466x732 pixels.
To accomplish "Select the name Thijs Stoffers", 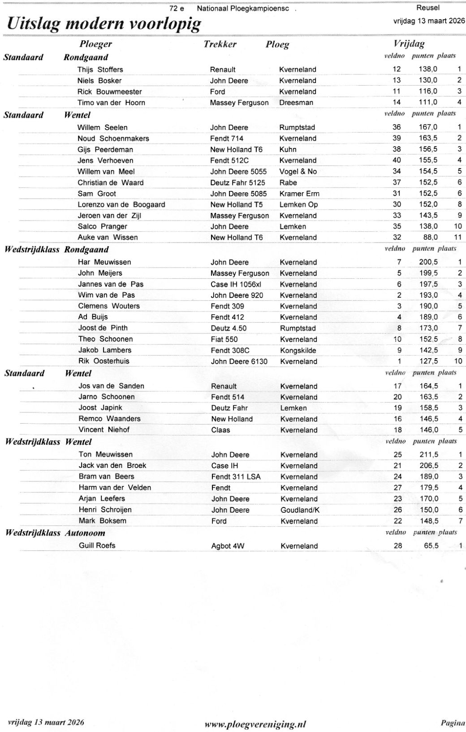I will (100, 69).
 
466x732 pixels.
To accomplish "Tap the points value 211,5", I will (428, 455).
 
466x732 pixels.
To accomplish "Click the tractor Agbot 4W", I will (228, 546).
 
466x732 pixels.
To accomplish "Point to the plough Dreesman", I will (296, 103).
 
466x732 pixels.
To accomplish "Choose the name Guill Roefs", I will (97, 546).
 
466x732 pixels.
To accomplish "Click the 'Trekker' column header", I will (220, 44).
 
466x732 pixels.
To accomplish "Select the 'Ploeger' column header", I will (96, 44).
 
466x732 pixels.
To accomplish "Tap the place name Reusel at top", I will (428, 8).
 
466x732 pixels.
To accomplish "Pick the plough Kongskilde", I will (298, 350).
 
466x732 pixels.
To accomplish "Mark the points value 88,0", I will (428, 237).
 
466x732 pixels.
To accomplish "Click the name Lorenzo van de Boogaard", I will (121, 204).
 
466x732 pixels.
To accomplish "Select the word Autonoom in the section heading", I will (85, 533).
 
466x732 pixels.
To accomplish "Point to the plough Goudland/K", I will (300, 510).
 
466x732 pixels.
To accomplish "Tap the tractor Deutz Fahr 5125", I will (237, 182).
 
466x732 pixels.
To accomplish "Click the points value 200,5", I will (428, 262).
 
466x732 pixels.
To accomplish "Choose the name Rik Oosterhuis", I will (104, 361).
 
